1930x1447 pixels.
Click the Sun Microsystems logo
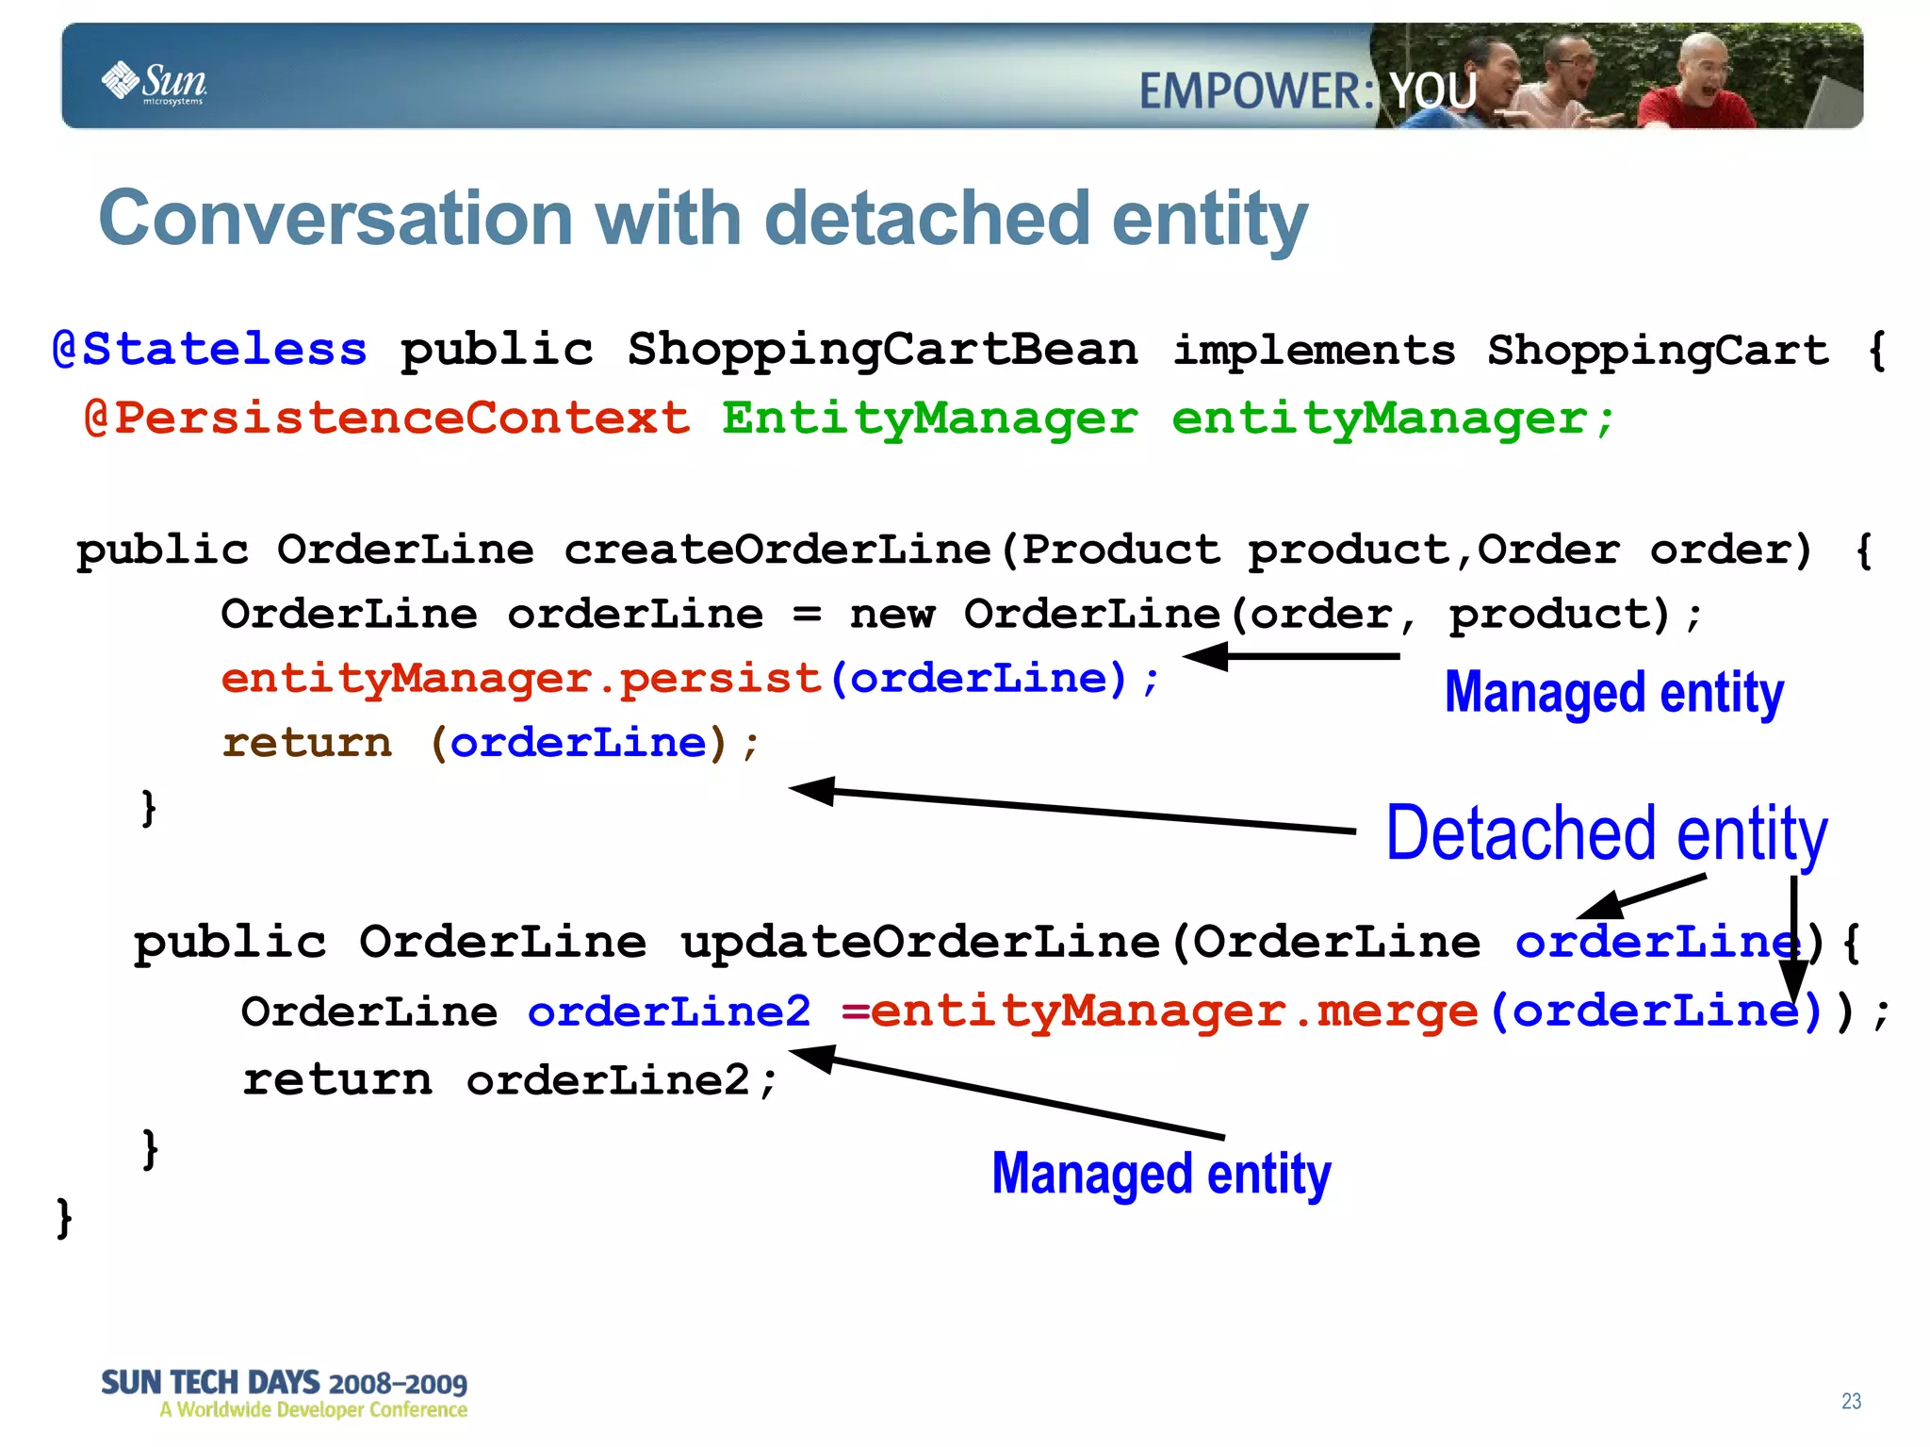pos(154,83)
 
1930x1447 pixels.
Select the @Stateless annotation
pos(209,350)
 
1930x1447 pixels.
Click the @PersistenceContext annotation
pos(386,418)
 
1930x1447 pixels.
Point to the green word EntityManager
pos(929,418)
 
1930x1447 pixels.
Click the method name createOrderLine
pos(777,550)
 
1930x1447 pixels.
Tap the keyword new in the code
pos(891,615)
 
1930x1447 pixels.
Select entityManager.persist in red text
pos(520,679)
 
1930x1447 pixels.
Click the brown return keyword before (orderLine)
pos(306,743)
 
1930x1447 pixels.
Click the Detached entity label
pos(1606,834)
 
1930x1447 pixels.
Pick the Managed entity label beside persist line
pos(1613,693)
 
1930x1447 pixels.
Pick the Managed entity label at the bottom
pos(1160,1174)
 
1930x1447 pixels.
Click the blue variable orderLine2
pos(668,1011)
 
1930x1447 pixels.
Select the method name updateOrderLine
pos(920,942)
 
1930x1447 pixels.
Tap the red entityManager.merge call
pos(1173,1011)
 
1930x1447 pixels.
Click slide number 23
pos(1851,1401)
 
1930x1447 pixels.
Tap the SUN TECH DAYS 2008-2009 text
pos(284,1384)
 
